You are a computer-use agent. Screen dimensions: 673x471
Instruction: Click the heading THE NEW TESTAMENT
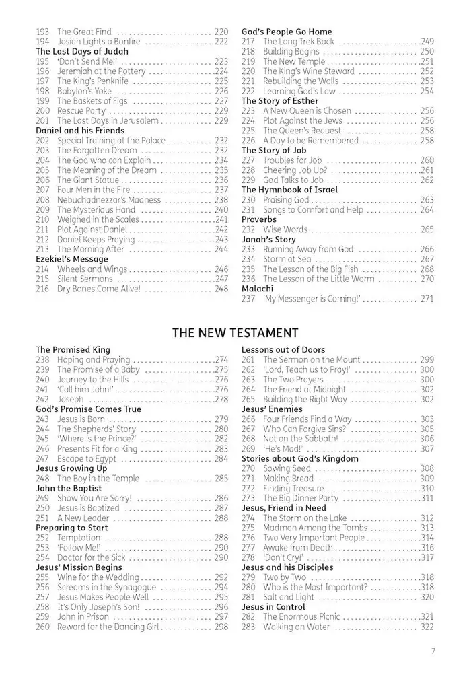pyautogui.click(x=235, y=332)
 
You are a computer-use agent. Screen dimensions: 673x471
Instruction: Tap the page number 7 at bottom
pyautogui.click(x=434, y=651)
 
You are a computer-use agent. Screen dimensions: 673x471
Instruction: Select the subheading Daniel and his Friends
pyautogui.click(x=80, y=131)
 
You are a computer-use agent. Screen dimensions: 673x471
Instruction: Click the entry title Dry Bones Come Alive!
pyautogui.click(x=99, y=289)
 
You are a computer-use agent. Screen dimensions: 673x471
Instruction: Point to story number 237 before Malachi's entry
pyautogui.click(x=249, y=299)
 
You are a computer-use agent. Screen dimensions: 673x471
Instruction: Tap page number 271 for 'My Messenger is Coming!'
pyautogui.click(x=427, y=299)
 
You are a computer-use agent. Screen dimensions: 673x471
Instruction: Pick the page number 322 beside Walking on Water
pyautogui.click(x=427, y=627)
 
